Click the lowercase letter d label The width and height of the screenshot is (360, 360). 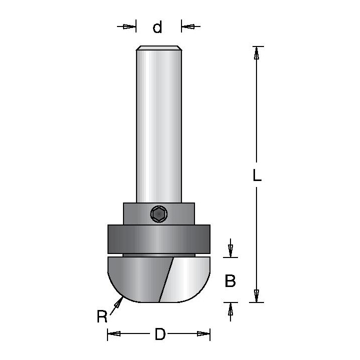click(x=157, y=27)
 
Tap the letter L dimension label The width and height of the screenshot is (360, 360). click(x=257, y=175)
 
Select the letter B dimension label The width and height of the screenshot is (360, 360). click(x=230, y=280)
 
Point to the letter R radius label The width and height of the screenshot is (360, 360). click(x=102, y=316)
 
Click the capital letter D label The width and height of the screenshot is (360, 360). click(x=160, y=334)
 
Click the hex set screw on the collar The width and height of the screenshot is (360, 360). click(x=158, y=214)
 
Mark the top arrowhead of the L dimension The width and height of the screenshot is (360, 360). click(x=256, y=53)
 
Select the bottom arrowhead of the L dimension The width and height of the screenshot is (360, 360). click(x=256, y=295)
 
